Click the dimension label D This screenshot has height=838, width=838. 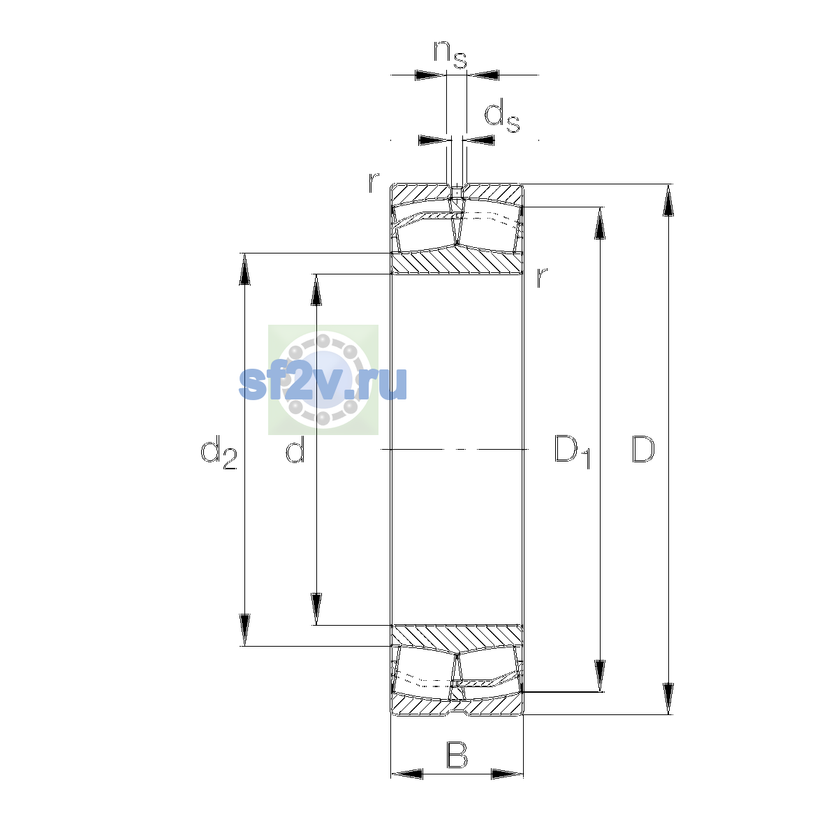642,449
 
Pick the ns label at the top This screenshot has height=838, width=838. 450,54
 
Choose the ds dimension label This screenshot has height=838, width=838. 502,116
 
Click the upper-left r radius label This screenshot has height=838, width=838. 374,182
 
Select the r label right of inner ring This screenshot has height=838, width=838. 541,277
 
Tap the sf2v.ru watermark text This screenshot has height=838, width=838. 323,383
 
